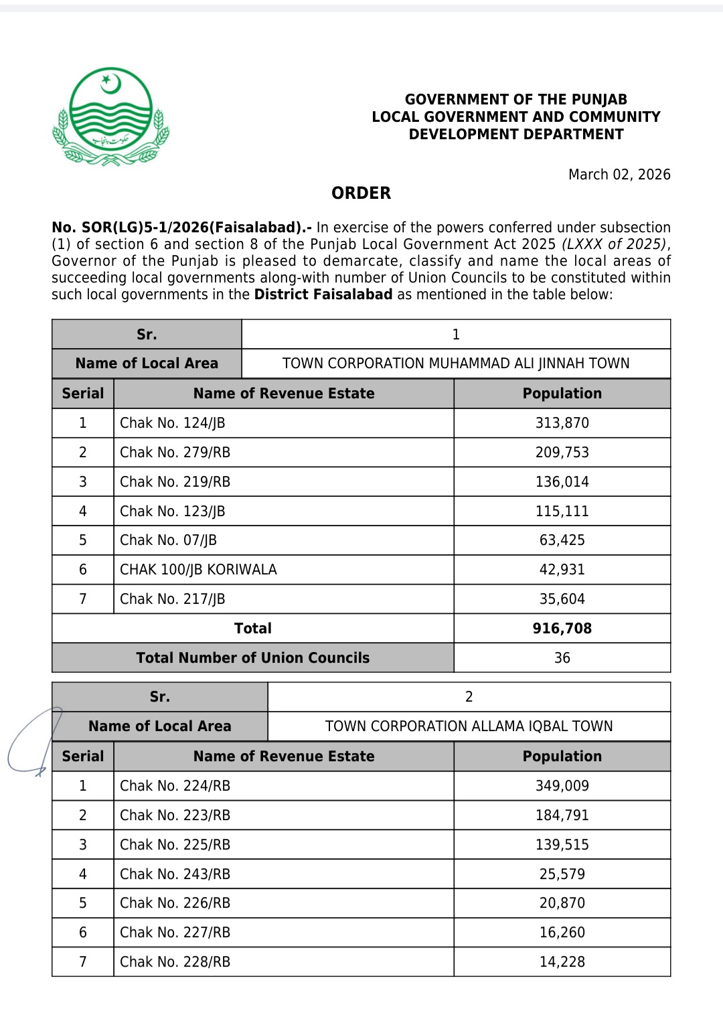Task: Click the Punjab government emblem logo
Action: coord(111,116)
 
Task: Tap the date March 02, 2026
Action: coord(619,175)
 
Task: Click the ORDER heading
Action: coord(361,193)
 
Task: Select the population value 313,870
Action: coord(562,423)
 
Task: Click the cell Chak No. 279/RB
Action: coord(175,453)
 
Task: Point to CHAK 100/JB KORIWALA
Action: coord(198,570)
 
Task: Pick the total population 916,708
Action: coord(562,629)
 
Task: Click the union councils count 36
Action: coord(562,658)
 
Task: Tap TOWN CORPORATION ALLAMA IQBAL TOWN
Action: coord(469,726)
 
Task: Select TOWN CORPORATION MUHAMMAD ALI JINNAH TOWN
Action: coord(455,364)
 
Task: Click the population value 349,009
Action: coord(562,786)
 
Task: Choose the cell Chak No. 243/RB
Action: coord(175,874)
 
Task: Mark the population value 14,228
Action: coord(562,962)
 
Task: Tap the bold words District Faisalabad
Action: coord(323,295)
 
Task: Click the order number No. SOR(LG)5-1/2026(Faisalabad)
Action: coord(181,228)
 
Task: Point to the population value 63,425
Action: coord(562,540)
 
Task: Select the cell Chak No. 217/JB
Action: coord(172,599)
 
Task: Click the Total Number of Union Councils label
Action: coord(252,658)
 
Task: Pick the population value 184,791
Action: coord(562,815)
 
